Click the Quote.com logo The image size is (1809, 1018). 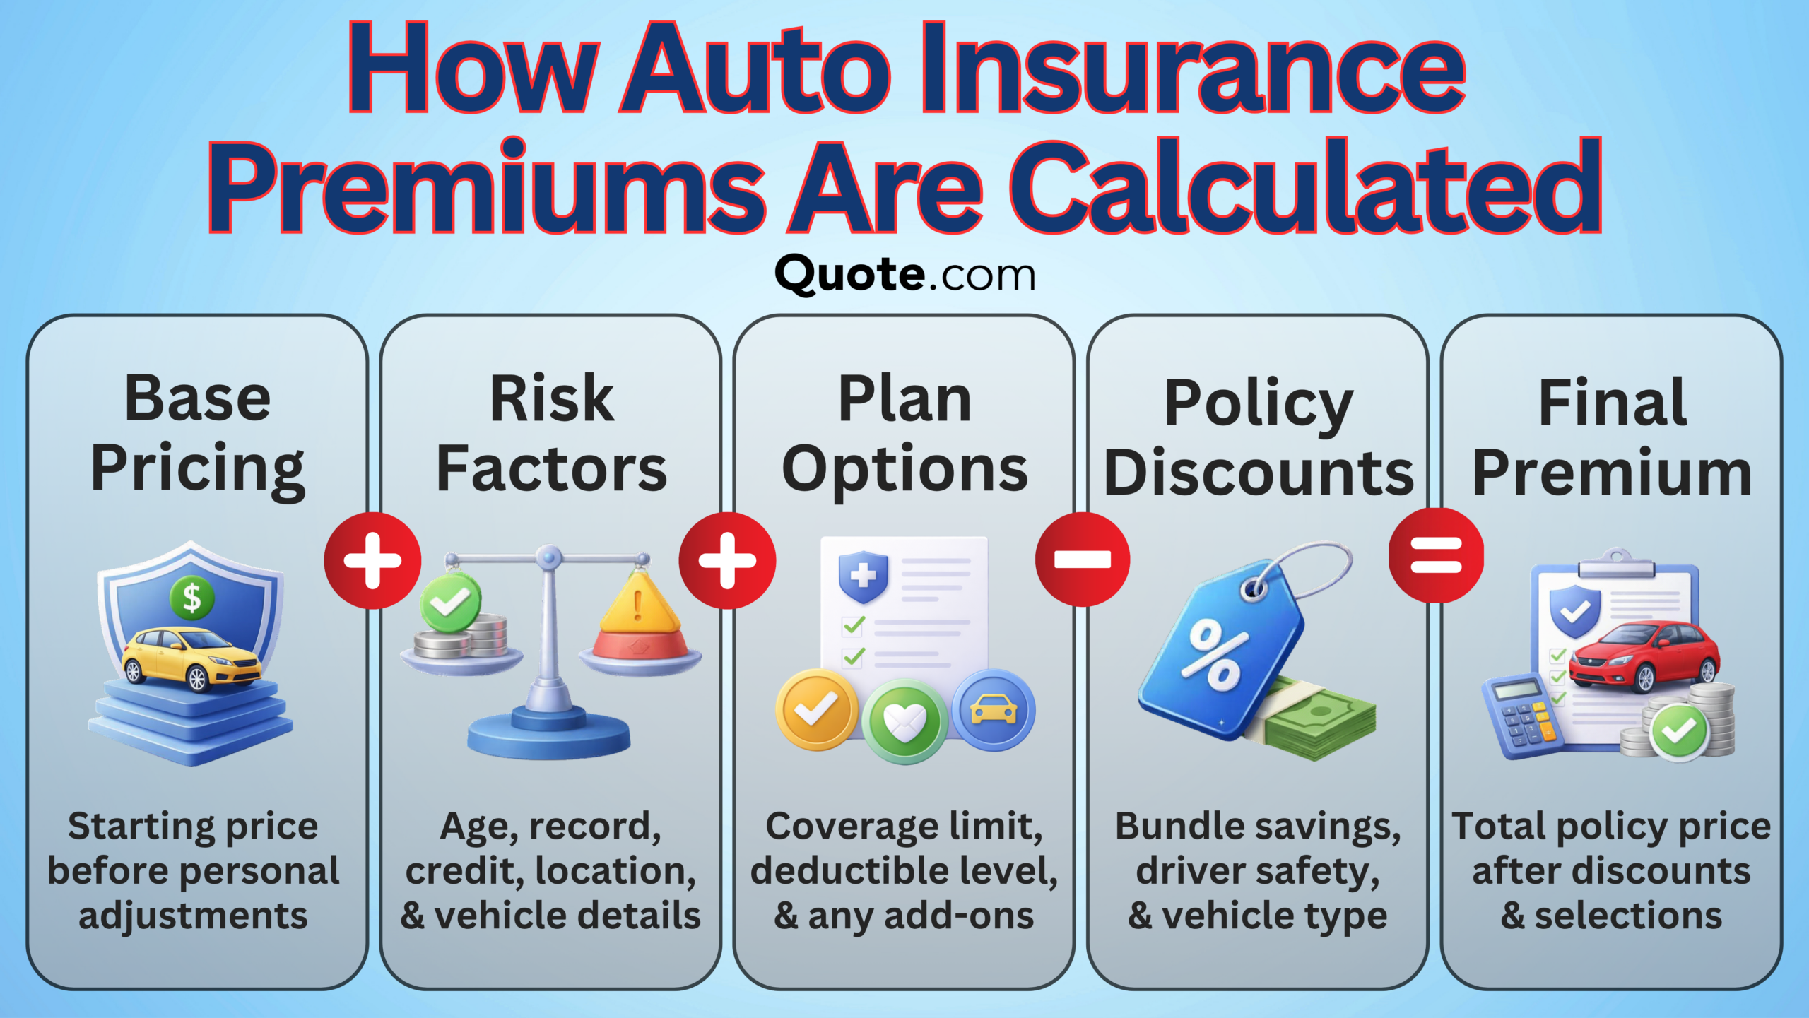(904, 275)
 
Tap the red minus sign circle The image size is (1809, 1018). (1082, 560)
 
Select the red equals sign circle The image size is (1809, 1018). (1436, 555)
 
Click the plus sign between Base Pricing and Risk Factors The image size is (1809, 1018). (372, 561)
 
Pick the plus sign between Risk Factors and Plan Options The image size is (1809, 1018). (727, 561)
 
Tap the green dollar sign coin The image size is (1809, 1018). (192, 598)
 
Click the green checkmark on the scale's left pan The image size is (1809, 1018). (450, 603)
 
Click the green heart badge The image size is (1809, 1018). (904, 721)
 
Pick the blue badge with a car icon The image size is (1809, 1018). (993, 709)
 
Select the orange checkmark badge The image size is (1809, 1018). (816, 709)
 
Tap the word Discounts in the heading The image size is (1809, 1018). (1259, 473)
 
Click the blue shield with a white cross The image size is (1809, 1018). (862, 576)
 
